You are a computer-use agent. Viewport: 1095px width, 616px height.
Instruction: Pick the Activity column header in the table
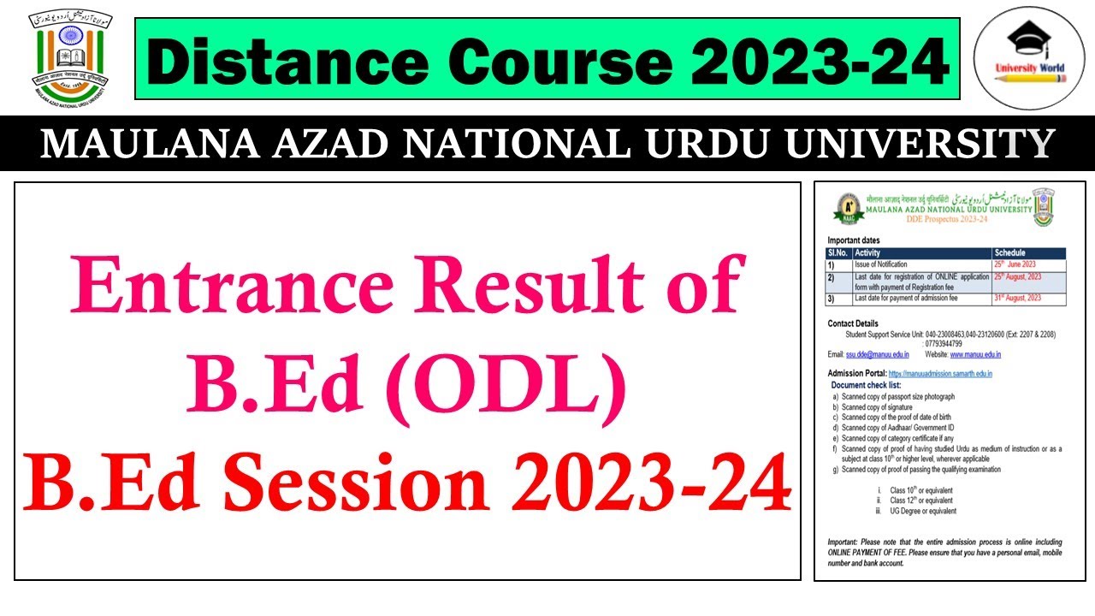pos(867,253)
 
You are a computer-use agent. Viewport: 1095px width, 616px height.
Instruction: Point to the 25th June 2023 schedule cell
pos(1015,264)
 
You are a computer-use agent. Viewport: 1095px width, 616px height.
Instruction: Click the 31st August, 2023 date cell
pos(1017,298)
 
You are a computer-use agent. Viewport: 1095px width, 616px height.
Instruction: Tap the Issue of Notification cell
pos(881,264)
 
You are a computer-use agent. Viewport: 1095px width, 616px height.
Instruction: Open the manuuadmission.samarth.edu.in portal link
pos(940,374)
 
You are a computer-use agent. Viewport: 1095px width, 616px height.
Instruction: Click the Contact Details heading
pos(853,323)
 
